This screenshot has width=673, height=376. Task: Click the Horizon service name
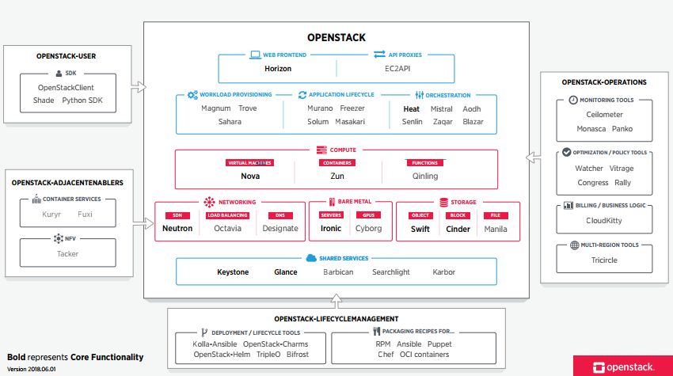[x=278, y=69]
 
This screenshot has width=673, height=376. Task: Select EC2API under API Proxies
[x=397, y=69]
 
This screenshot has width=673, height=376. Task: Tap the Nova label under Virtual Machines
[x=250, y=176]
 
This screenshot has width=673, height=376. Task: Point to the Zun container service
[x=337, y=176]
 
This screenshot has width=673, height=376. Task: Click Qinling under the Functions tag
[x=425, y=176]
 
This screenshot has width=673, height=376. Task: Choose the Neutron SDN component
[x=177, y=228]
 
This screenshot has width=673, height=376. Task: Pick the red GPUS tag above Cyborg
[x=369, y=215]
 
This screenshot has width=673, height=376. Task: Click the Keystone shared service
[x=233, y=272]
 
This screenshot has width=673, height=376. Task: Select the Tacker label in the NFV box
[x=68, y=253]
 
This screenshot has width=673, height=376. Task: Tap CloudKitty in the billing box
[x=604, y=221]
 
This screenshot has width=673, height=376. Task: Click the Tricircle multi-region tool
[x=604, y=260]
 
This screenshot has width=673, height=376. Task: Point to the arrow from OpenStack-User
[x=139, y=87]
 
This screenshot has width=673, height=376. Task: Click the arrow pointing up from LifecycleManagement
[x=336, y=301]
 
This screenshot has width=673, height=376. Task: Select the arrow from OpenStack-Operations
[x=533, y=158]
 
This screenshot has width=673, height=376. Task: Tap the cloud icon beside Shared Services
[x=311, y=258]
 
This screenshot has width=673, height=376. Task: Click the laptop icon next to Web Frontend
[x=256, y=55]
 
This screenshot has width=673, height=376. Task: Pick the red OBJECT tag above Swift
[x=420, y=215]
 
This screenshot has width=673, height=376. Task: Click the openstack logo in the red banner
[x=624, y=367]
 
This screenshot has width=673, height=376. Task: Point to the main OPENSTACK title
[x=336, y=38]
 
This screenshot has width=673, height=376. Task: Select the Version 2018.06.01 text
[x=32, y=369]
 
